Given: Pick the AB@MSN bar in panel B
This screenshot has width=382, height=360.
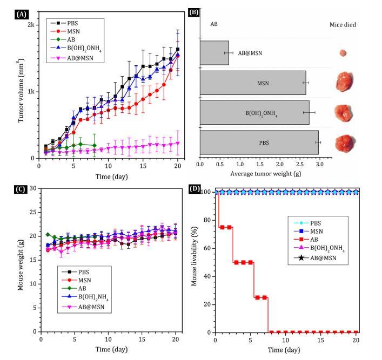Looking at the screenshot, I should coord(214,53).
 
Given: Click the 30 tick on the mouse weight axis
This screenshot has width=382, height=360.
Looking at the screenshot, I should coord(33,188).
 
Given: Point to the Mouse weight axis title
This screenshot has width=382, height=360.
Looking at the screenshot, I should coord(21,260).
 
